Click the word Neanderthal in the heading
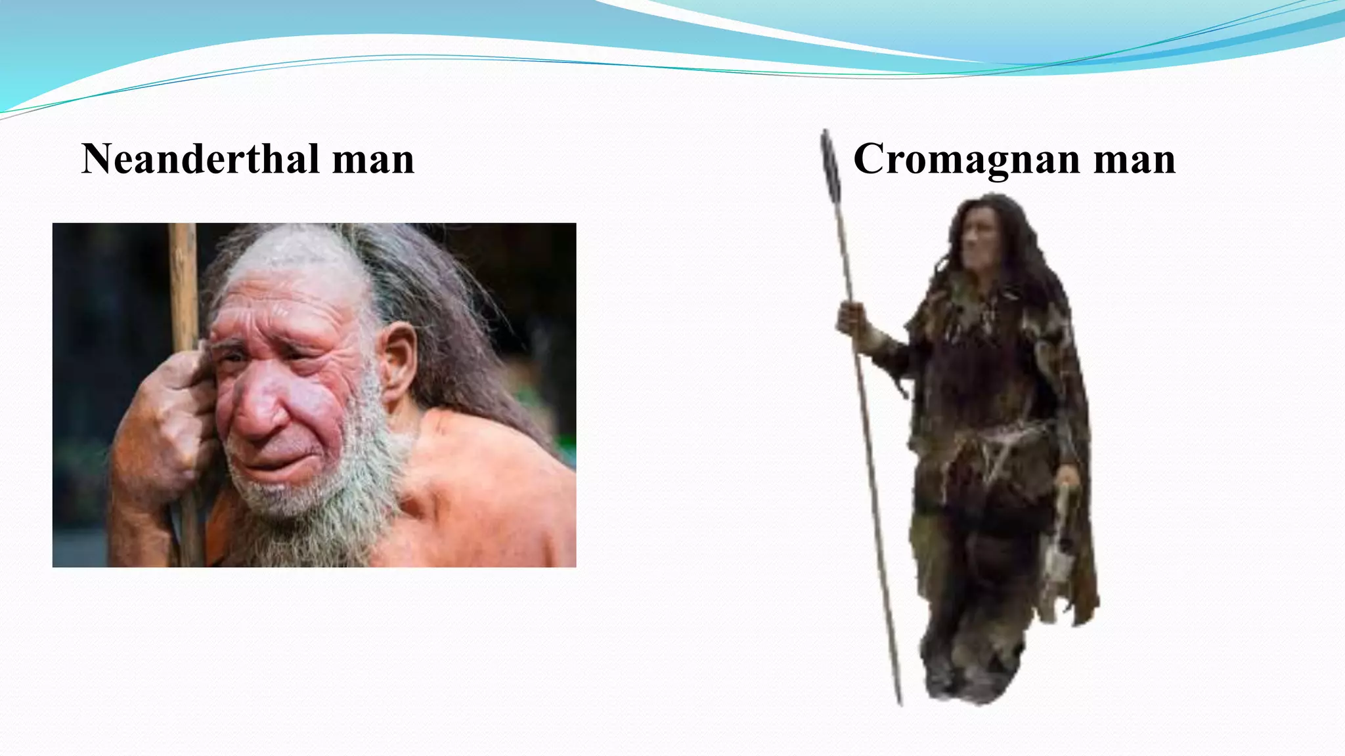tap(200, 159)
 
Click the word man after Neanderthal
tap(373, 159)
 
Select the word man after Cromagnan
tap(1134, 159)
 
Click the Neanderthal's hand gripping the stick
tap(164, 420)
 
